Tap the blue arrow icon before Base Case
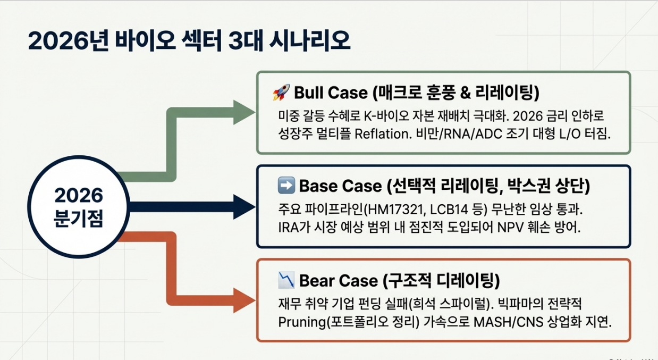[286, 186]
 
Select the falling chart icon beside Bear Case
[286, 280]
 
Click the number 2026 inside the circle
[78, 195]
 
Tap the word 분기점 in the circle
[78, 219]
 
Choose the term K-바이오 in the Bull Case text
[388, 115]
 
